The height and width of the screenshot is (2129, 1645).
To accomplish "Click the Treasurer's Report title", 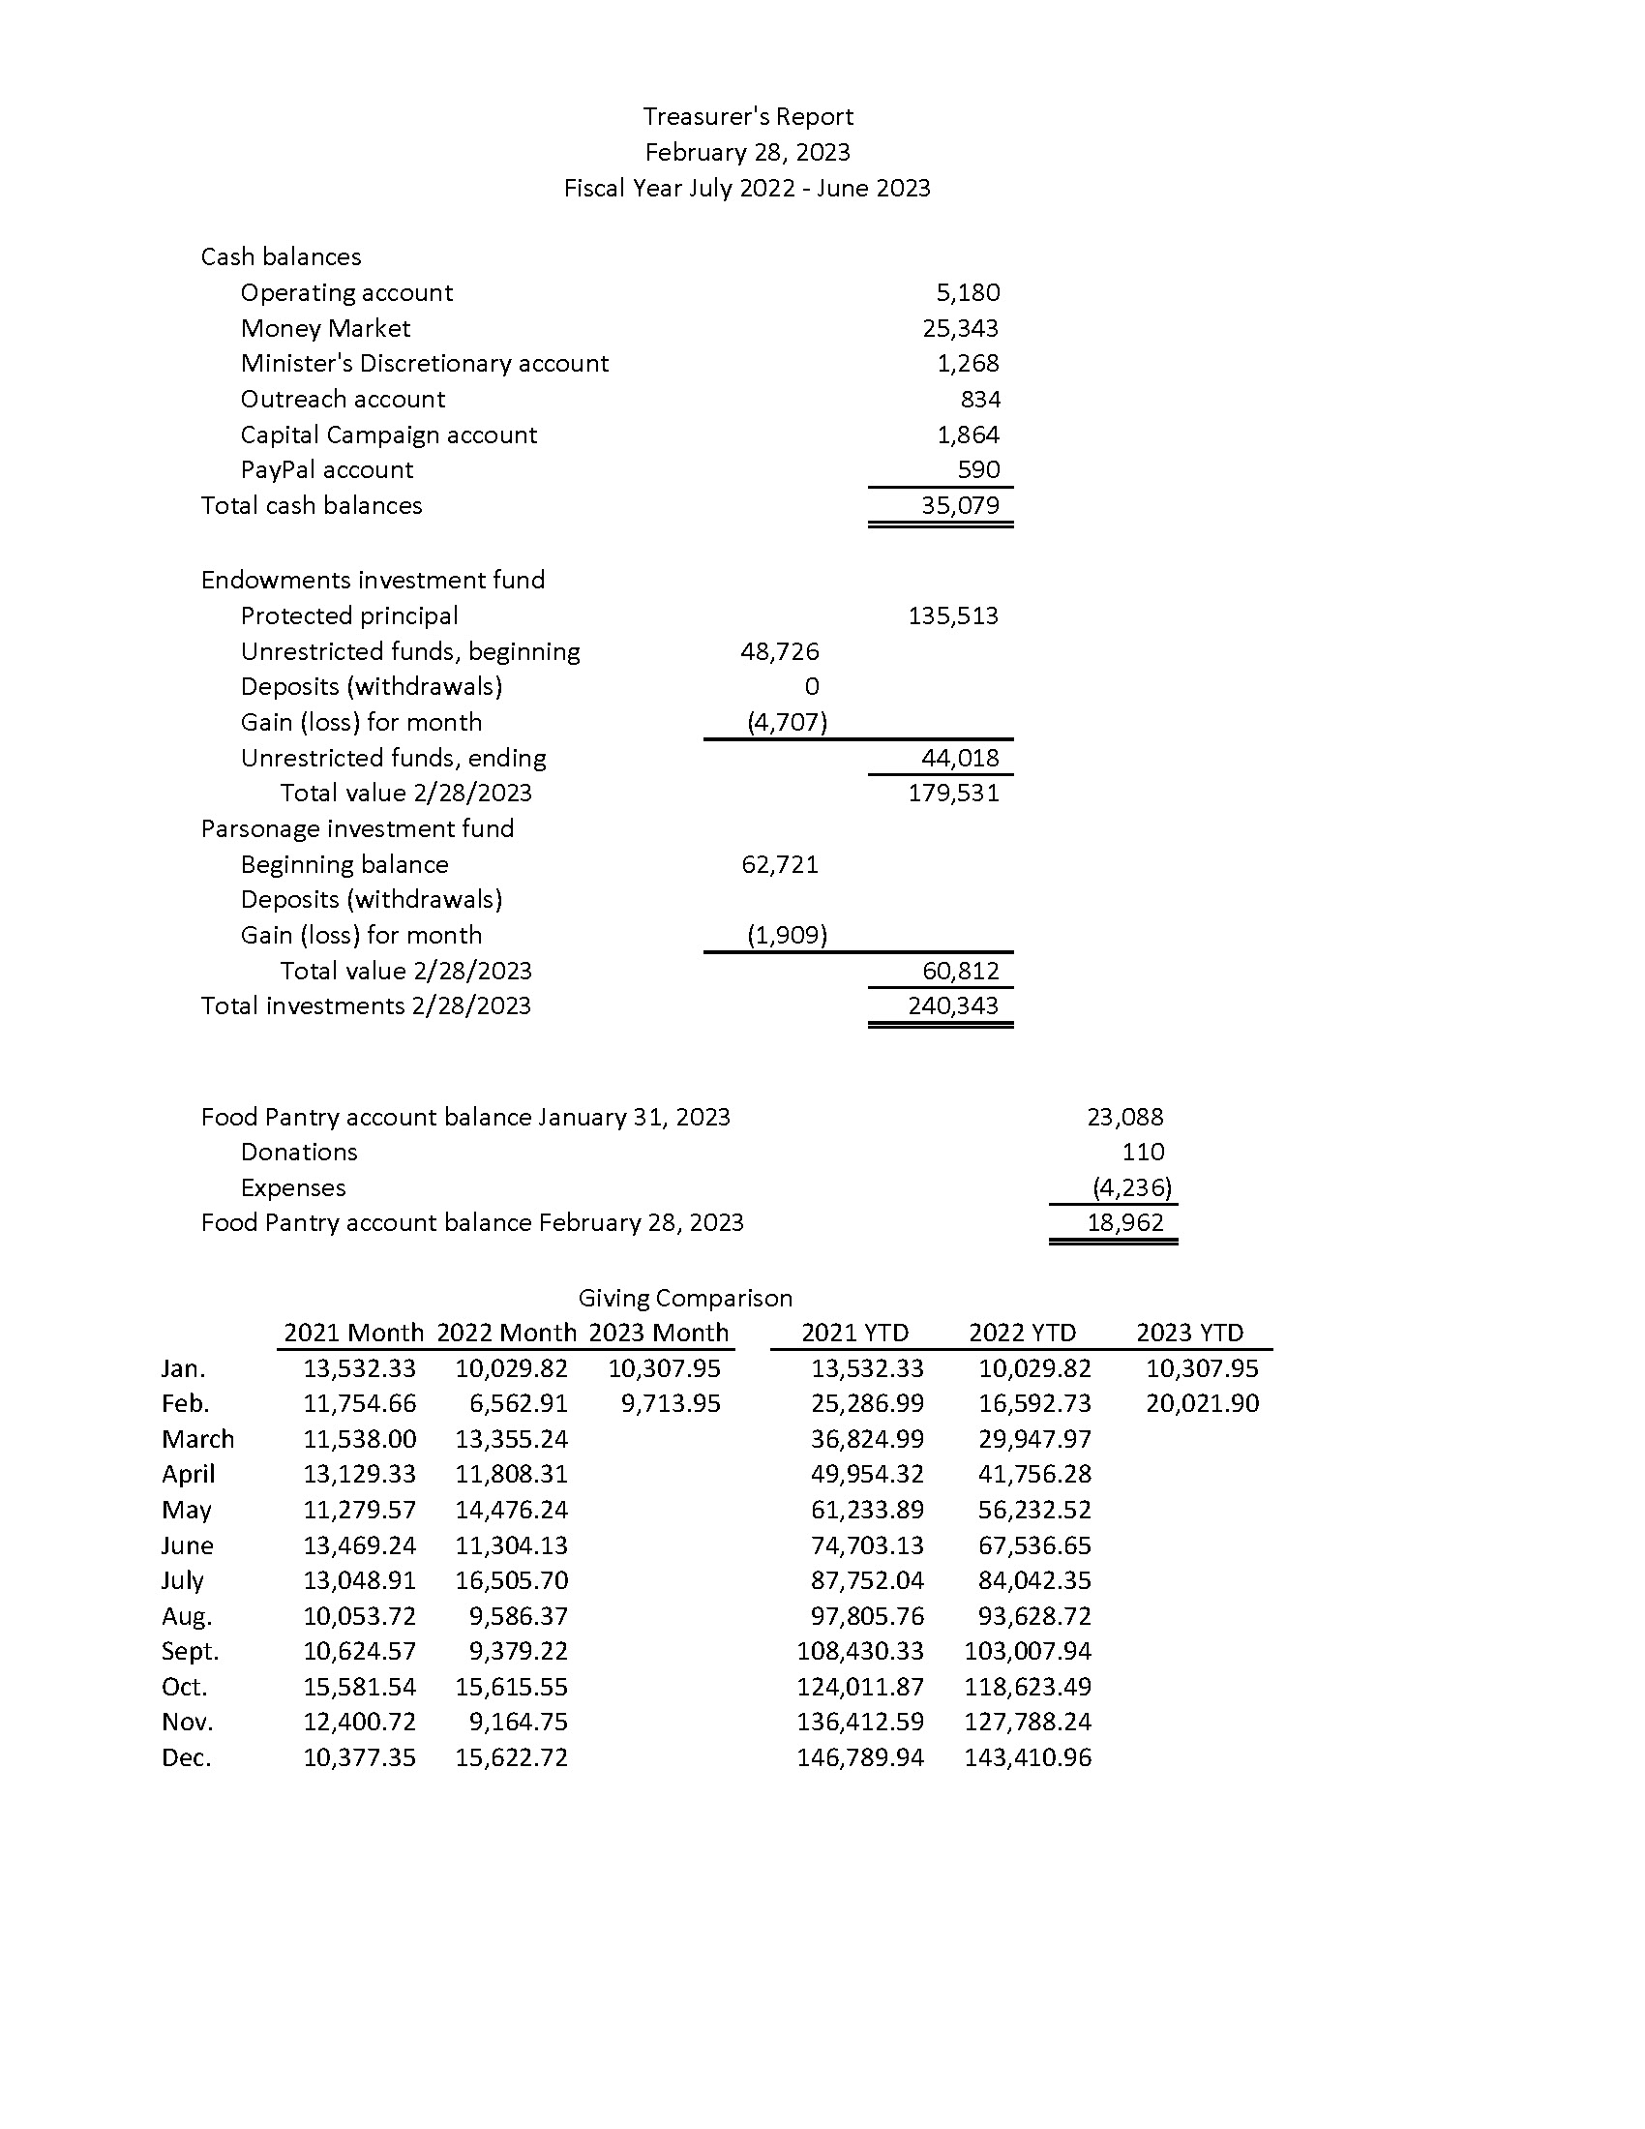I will tap(747, 117).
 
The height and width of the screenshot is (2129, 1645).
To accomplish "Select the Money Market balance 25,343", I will tap(960, 328).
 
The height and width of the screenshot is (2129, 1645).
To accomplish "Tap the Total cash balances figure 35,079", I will tap(960, 505).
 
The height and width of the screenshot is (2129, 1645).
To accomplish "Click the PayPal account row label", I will tap(326, 470).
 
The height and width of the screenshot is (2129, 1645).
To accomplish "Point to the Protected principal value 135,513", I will tap(953, 616).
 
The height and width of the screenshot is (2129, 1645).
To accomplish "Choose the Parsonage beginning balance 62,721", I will tap(780, 864).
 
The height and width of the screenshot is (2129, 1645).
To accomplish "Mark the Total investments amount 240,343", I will tap(953, 1006).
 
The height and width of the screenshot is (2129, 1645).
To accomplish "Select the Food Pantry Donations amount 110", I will tap(1142, 1153).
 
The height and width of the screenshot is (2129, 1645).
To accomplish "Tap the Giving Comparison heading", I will tap(685, 1299).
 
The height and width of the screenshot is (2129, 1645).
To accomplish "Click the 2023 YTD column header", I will tap(1190, 1333).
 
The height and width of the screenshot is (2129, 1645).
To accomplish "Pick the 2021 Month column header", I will tap(353, 1333).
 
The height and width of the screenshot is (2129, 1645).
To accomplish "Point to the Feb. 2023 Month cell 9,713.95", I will tap(671, 1404).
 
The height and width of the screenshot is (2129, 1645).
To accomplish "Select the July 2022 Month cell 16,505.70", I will tap(512, 1580).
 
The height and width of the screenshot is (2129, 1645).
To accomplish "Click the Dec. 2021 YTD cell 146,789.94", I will tap(859, 1757).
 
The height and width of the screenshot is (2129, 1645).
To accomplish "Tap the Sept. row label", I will tap(190, 1651).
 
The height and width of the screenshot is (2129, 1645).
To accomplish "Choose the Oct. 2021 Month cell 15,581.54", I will tap(360, 1687).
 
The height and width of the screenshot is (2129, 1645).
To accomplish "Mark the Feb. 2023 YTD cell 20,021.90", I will tap(1202, 1404).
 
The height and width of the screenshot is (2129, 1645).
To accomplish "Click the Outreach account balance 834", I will tap(980, 400).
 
